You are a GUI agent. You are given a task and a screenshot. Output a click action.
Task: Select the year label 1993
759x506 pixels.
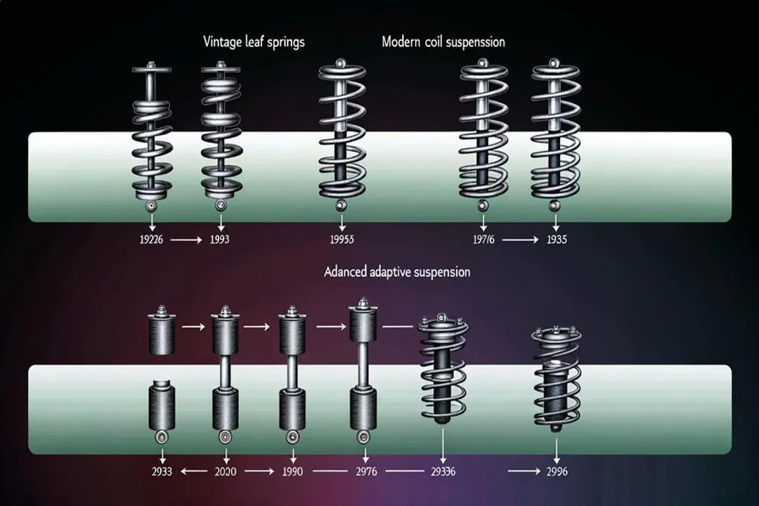tap(219, 240)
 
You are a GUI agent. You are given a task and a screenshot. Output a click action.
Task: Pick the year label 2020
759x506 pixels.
tap(225, 472)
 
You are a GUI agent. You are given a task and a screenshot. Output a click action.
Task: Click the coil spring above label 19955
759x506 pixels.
tap(341, 134)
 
